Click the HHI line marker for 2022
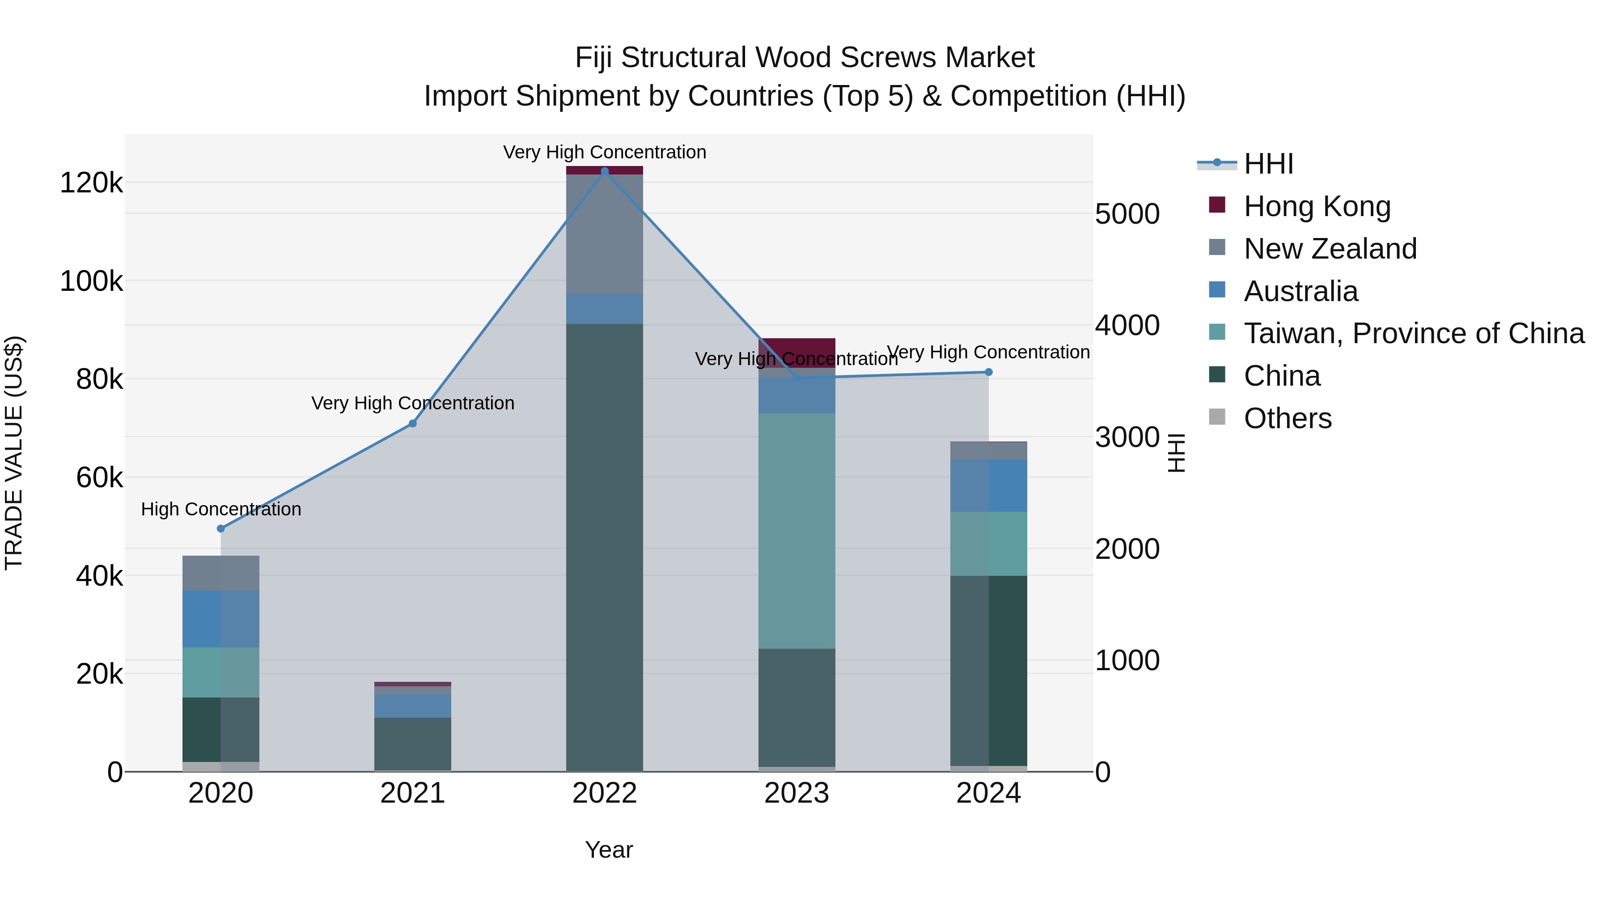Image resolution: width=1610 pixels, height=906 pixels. click(x=604, y=171)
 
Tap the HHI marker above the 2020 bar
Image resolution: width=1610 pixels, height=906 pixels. click(x=220, y=528)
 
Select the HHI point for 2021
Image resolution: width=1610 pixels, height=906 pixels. click(x=412, y=423)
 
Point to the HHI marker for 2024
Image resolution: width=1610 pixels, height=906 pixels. click(x=988, y=372)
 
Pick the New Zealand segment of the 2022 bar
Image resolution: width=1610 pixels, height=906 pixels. click(x=604, y=234)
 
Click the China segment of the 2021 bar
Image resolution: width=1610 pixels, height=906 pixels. click(x=412, y=744)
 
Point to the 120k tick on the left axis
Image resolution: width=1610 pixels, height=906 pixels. click(x=91, y=183)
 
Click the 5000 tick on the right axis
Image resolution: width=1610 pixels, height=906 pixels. click(x=1127, y=214)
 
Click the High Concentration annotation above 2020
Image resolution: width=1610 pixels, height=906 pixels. click(x=220, y=509)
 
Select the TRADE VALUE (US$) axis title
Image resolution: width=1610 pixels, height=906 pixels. click(x=14, y=453)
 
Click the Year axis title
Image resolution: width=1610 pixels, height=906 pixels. click(x=609, y=850)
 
